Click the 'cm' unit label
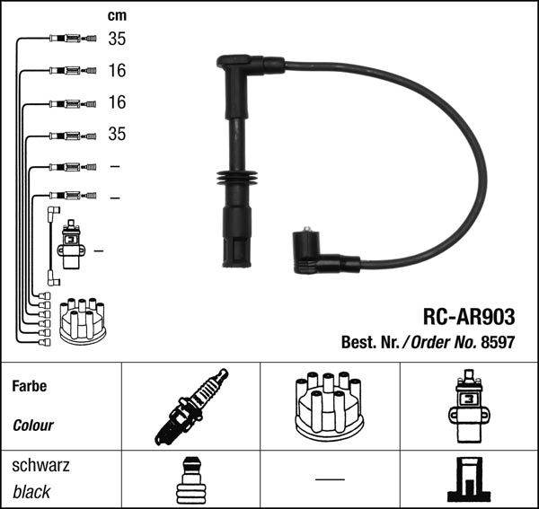pyautogui.click(x=116, y=15)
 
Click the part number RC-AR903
pyautogui.click(x=468, y=316)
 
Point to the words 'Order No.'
pyautogui.click(x=439, y=343)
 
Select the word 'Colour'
pyautogui.click(x=33, y=426)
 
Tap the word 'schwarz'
pyautogui.click(x=40, y=466)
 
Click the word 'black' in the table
pyautogui.click(x=31, y=492)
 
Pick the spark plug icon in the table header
pyautogui.click(x=190, y=407)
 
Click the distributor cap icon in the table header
pyautogui.click(x=330, y=406)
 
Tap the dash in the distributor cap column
pyautogui.click(x=330, y=479)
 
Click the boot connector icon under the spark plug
pyautogui.click(x=190, y=483)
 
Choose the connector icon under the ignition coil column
pyautogui.click(x=468, y=483)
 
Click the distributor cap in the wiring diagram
pyautogui.click(x=82, y=321)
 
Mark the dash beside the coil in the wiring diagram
pyautogui.click(x=97, y=250)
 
